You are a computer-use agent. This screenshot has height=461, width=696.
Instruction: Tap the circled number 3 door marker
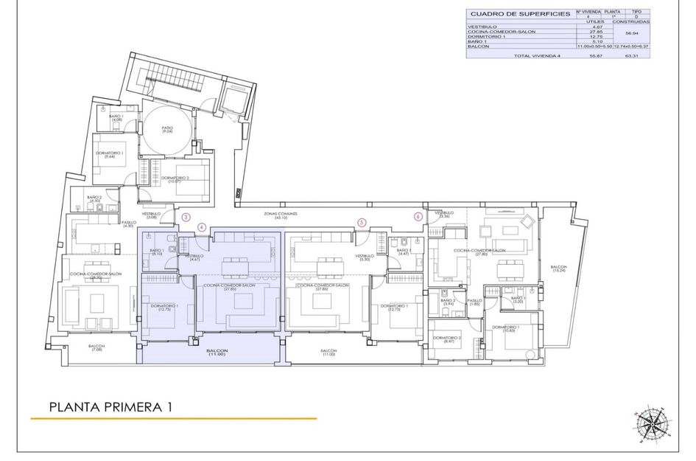pyautogui.click(x=186, y=217)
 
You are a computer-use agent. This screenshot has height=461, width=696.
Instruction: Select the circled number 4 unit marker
pyautogui.click(x=202, y=227)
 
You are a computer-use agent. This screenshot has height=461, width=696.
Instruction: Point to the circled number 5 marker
pyautogui.click(x=361, y=222)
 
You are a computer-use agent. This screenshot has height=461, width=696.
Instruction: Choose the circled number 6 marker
pyautogui.click(x=418, y=217)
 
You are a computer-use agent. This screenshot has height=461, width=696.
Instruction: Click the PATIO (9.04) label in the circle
pyautogui.click(x=168, y=130)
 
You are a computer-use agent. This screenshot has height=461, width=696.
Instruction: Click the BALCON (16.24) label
pyautogui.click(x=559, y=268)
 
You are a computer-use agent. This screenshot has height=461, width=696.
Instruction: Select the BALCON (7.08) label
pyautogui.click(x=97, y=347)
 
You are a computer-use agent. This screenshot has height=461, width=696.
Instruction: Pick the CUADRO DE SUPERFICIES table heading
pyautogui.click(x=520, y=14)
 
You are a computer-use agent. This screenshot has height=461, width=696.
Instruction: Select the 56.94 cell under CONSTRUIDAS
pyautogui.click(x=631, y=33)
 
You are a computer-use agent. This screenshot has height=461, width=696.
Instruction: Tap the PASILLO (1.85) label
pyautogui.click(x=474, y=302)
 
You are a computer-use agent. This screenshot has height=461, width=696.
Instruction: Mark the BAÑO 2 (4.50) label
pyautogui.click(x=94, y=198)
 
